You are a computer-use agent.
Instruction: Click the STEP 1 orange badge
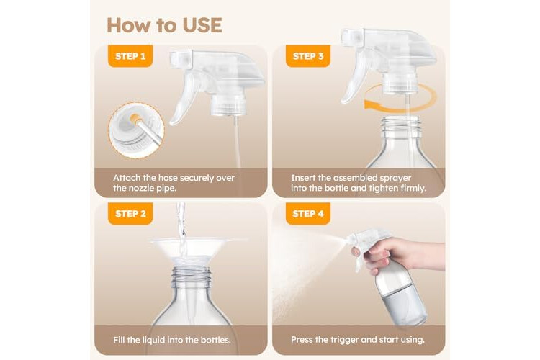click(x=130, y=56)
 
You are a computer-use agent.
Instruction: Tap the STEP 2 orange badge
click(x=130, y=214)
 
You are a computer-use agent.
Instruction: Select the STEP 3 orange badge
click(x=308, y=56)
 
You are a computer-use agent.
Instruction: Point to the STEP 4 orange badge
click(x=308, y=214)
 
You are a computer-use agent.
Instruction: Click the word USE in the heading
click(x=202, y=25)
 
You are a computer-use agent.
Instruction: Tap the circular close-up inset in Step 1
click(x=136, y=130)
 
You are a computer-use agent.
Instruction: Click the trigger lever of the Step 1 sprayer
click(x=183, y=98)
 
